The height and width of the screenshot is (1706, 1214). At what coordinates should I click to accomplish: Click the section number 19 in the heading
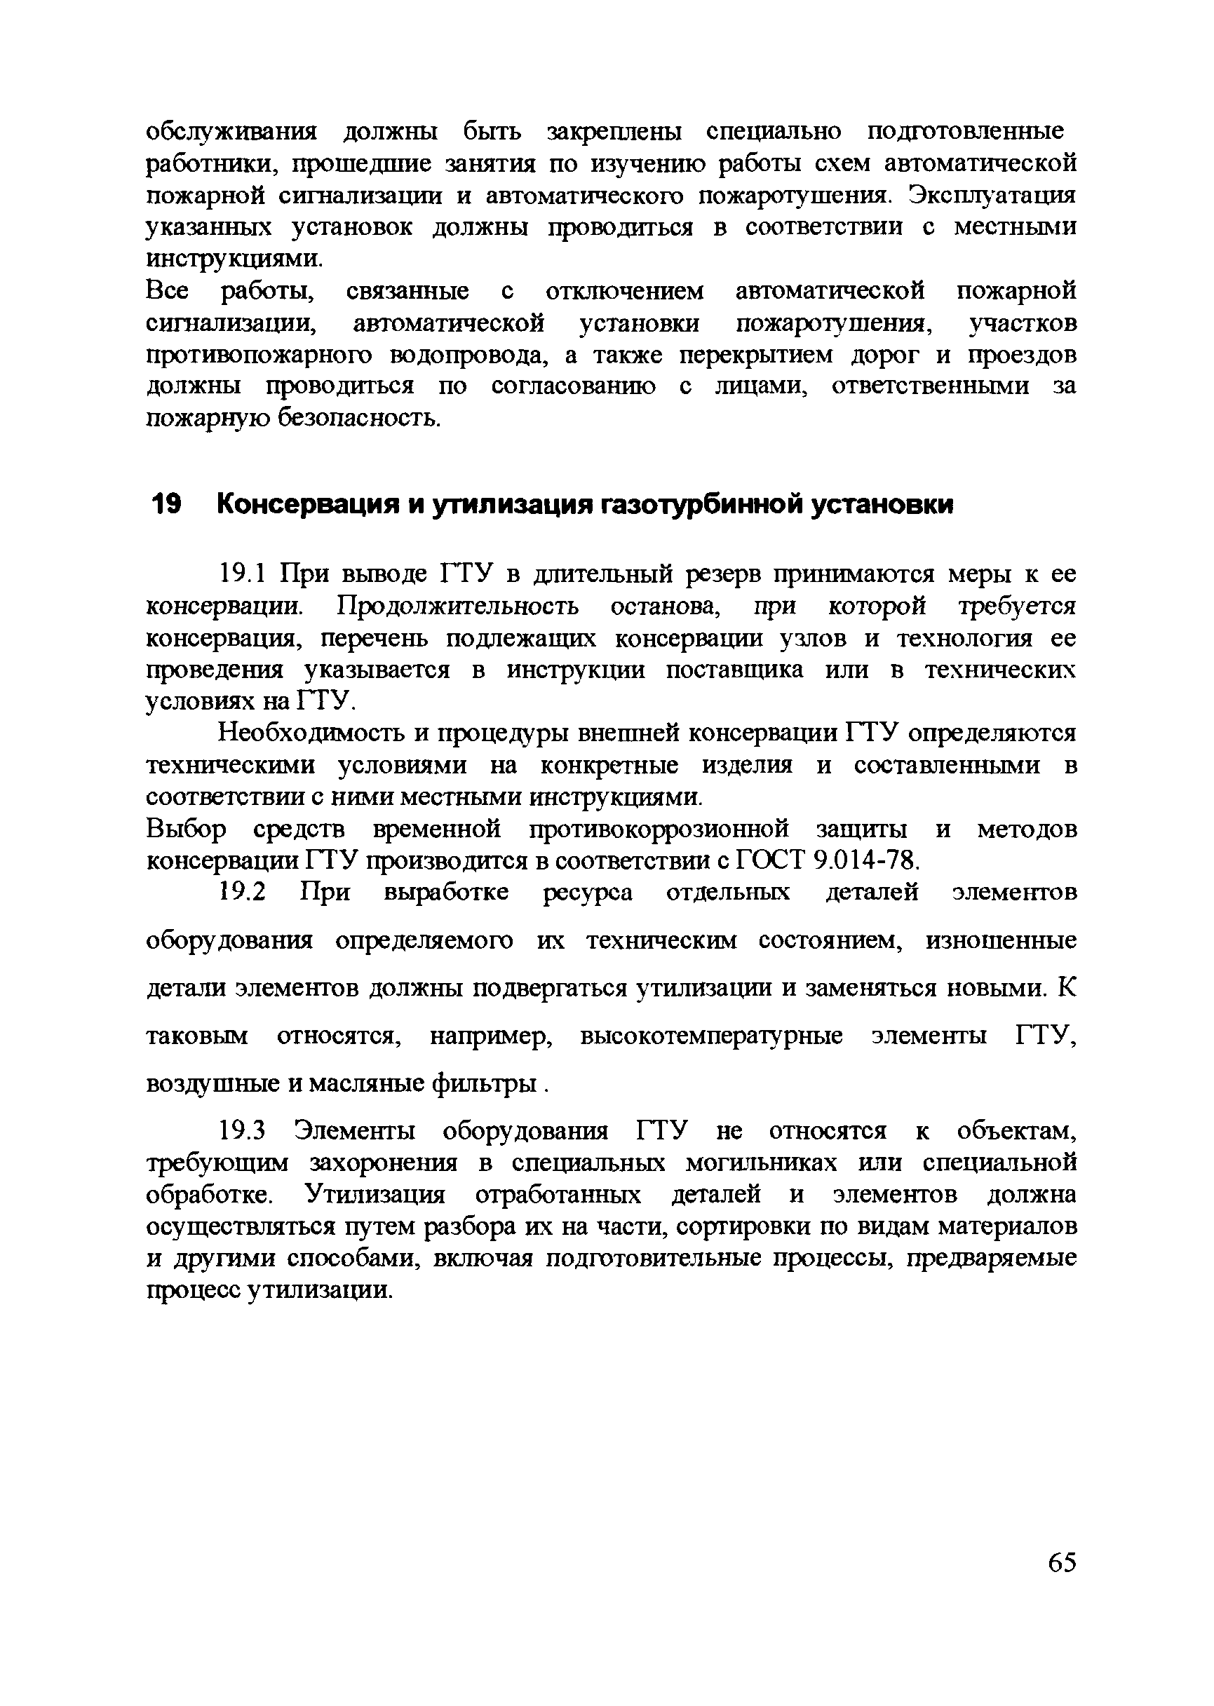[x=166, y=505]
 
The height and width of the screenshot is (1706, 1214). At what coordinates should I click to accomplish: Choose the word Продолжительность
[x=458, y=606]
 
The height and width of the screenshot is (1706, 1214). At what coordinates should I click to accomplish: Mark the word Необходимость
[x=313, y=734]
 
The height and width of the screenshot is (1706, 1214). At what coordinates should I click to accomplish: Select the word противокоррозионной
[x=659, y=830]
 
